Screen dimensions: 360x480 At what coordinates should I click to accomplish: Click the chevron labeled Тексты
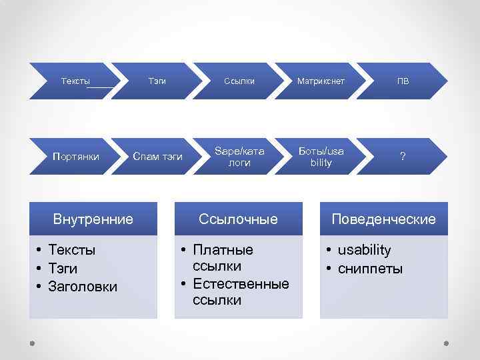tap(75, 81)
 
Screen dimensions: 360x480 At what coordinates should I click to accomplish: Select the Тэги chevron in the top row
tap(157, 81)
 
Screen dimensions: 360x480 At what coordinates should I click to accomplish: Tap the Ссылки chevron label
tap(239, 81)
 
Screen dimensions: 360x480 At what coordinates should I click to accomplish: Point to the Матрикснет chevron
tap(321, 81)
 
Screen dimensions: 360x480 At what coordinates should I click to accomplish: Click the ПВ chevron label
tap(403, 81)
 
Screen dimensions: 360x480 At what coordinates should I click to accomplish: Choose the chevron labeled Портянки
tap(76, 157)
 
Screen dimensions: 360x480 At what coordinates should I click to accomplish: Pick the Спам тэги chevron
tap(157, 157)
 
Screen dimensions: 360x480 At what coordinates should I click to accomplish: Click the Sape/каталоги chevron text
tap(239, 157)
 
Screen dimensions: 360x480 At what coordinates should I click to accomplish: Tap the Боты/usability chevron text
tap(321, 157)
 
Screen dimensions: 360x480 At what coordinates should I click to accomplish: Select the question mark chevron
tap(402, 157)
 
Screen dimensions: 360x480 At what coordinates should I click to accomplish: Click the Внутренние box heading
tap(93, 219)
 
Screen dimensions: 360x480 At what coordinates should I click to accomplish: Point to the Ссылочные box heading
tap(239, 219)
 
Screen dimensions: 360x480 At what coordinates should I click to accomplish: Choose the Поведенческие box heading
tap(383, 219)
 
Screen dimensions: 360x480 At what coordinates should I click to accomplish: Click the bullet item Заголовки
tap(83, 287)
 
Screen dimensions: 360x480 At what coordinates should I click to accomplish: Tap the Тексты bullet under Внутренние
tap(72, 250)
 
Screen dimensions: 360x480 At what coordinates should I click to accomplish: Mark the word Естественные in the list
tap(241, 284)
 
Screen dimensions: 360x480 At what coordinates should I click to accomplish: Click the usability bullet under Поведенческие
tap(364, 250)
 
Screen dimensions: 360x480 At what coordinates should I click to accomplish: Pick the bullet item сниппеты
tap(370, 269)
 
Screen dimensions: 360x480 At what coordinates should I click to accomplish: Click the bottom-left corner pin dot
tap(32, 343)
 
